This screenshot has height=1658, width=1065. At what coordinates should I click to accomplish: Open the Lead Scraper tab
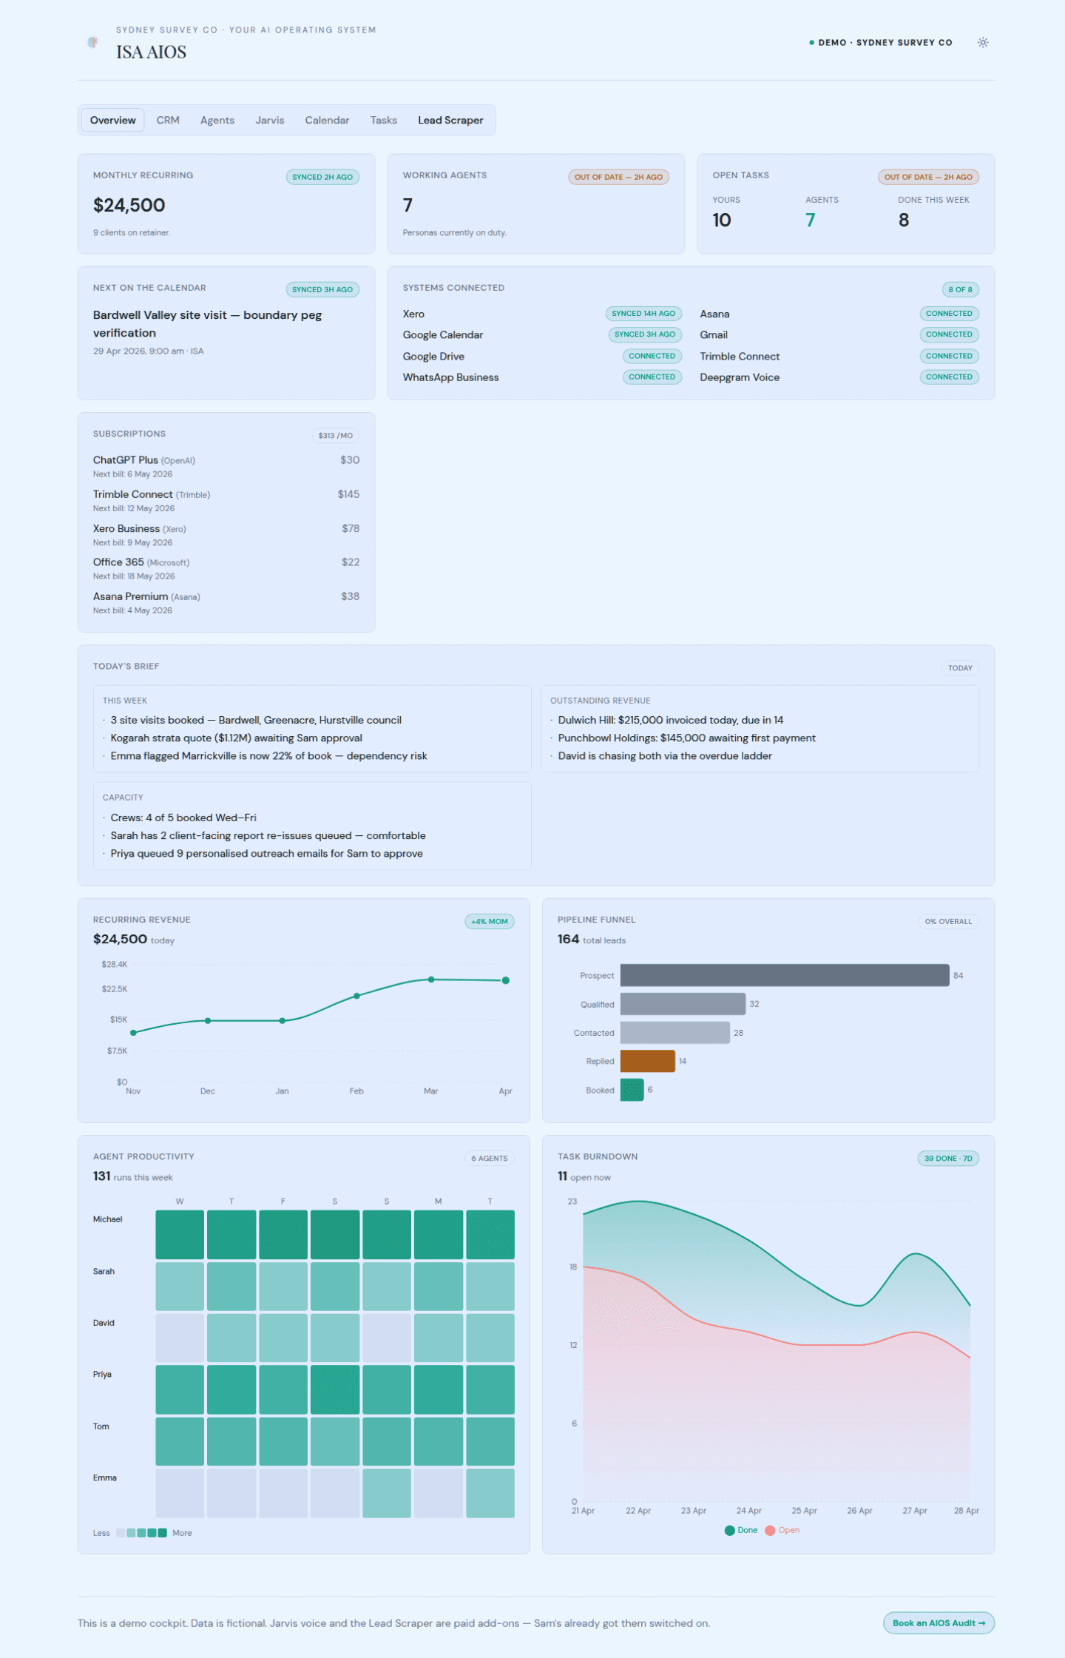[450, 121]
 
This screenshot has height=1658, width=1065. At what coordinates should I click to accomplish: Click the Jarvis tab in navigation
[270, 121]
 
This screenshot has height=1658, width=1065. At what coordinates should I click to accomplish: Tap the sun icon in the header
[983, 43]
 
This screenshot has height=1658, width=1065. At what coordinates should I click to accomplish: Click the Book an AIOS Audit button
[939, 1622]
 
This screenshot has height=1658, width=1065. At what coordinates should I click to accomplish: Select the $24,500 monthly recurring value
[129, 205]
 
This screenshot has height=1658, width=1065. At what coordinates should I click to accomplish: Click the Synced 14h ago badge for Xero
[643, 314]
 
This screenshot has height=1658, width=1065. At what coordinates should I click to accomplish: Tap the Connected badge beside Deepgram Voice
[949, 377]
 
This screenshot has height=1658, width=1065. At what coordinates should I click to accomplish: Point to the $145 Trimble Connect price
[348, 494]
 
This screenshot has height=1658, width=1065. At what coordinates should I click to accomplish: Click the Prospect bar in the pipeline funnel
[785, 975]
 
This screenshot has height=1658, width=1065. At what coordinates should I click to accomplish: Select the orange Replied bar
[648, 1061]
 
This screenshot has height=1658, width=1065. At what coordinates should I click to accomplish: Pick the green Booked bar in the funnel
[632, 1090]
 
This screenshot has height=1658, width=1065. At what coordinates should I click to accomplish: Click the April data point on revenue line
[506, 980]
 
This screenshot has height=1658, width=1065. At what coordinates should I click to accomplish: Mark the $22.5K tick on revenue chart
[115, 989]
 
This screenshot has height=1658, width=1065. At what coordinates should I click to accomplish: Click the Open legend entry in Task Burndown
[782, 1530]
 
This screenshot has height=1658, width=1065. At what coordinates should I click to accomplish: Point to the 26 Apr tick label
[859, 1511]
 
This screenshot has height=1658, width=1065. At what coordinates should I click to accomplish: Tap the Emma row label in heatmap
[105, 1477]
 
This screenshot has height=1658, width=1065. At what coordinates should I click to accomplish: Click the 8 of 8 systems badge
[960, 289]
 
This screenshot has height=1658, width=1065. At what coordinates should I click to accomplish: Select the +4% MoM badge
[490, 921]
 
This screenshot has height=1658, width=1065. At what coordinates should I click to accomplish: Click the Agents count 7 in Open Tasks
[811, 220]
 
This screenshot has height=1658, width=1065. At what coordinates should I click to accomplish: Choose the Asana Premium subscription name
[131, 596]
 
